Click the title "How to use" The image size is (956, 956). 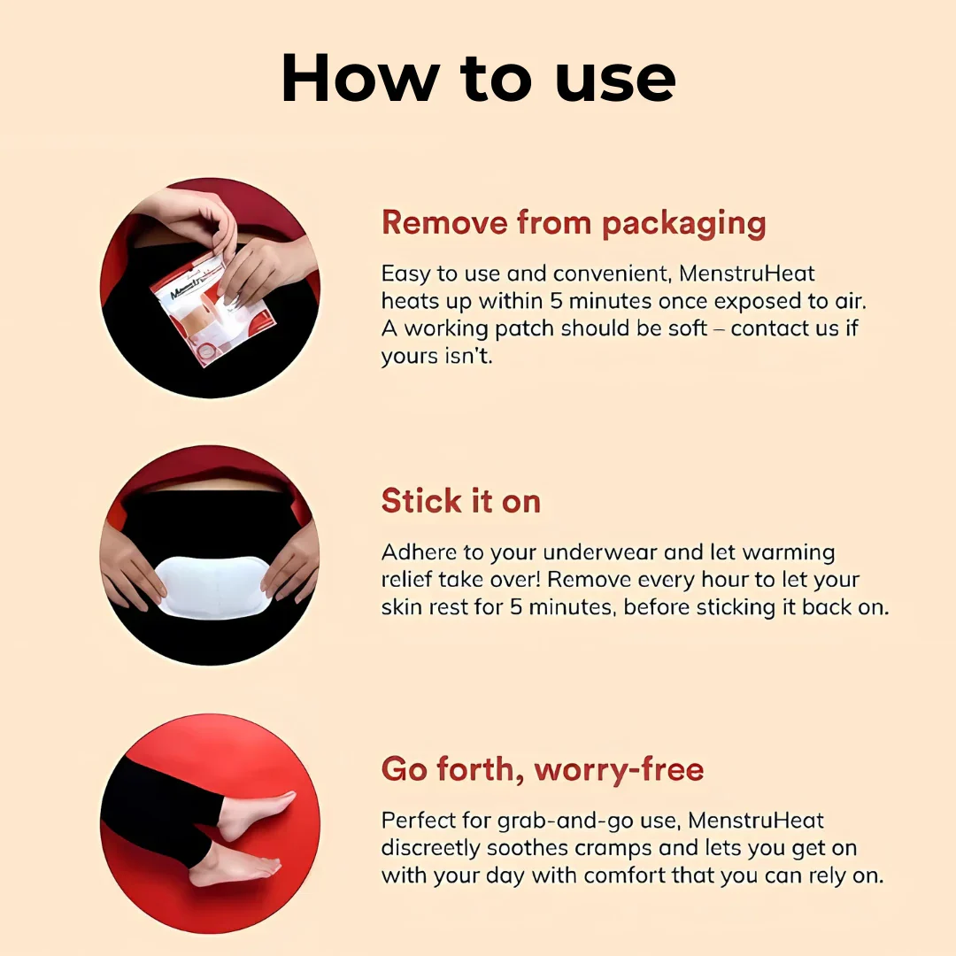pos(478,79)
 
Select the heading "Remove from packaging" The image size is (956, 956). pos(574,223)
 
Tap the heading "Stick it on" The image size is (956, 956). pos(461,501)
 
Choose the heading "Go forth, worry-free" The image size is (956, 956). pos(543,769)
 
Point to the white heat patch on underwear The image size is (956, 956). pos(213,587)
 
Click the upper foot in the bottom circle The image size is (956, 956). pos(256,814)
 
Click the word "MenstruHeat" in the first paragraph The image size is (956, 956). pos(747,274)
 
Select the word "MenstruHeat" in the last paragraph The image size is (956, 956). pos(756,821)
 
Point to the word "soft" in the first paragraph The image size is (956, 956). pos(688,328)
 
